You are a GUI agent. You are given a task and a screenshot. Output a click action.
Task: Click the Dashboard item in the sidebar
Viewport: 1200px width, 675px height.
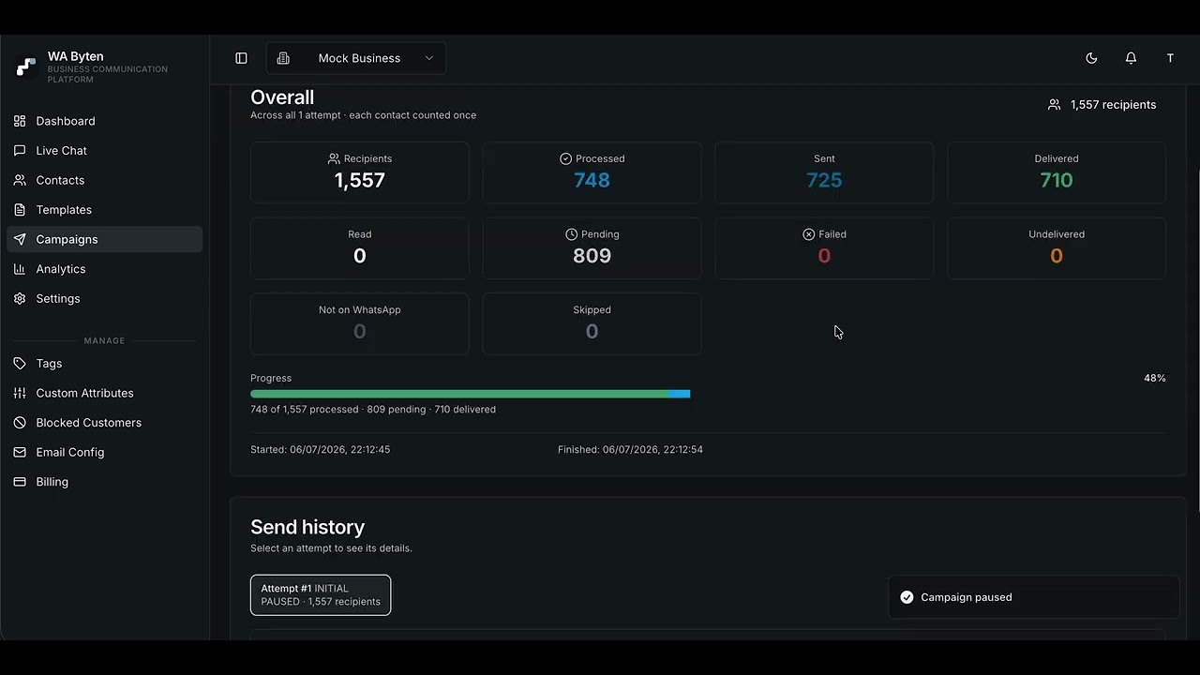point(54,121)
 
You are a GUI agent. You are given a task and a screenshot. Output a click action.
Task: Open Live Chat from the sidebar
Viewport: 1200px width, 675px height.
point(51,151)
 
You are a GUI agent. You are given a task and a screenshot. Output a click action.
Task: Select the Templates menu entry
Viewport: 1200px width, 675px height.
point(52,209)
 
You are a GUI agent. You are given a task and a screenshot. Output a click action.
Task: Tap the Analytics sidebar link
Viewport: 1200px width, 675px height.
point(50,269)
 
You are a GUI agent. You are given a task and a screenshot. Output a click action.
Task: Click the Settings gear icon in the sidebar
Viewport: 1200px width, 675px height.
point(20,298)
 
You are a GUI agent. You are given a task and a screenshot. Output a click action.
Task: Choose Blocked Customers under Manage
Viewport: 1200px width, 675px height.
point(78,423)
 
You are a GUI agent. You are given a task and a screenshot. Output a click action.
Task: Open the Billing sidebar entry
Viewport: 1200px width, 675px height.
point(41,482)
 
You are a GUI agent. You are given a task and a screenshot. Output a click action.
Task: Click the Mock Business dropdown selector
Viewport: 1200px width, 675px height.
point(355,58)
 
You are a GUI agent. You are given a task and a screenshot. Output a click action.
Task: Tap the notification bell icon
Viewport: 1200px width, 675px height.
point(1131,58)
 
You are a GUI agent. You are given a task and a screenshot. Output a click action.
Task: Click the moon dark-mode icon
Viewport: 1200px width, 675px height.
point(1091,58)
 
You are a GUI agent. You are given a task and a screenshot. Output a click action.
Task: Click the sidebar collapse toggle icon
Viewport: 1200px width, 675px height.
point(241,58)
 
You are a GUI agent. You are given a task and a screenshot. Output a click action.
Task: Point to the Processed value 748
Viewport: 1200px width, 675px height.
point(592,180)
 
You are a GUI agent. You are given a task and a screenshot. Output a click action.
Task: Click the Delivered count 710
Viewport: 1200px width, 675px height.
point(1057,180)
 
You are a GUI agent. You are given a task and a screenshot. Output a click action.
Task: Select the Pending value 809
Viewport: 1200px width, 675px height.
point(592,256)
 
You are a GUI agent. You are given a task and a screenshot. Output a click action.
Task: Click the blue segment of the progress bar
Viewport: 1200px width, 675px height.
point(680,394)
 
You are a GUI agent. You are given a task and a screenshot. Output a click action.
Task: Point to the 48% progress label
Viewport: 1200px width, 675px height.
point(1154,378)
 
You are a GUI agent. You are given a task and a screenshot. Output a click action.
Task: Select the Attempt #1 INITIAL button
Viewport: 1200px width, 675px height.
point(321,594)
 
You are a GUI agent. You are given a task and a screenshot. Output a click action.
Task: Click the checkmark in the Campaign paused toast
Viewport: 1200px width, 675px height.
point(907,597)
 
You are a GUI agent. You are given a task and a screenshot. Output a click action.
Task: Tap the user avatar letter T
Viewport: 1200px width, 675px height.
point(1170,58)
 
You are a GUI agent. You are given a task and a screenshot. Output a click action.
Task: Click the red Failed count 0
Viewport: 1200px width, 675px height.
point(824,256)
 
